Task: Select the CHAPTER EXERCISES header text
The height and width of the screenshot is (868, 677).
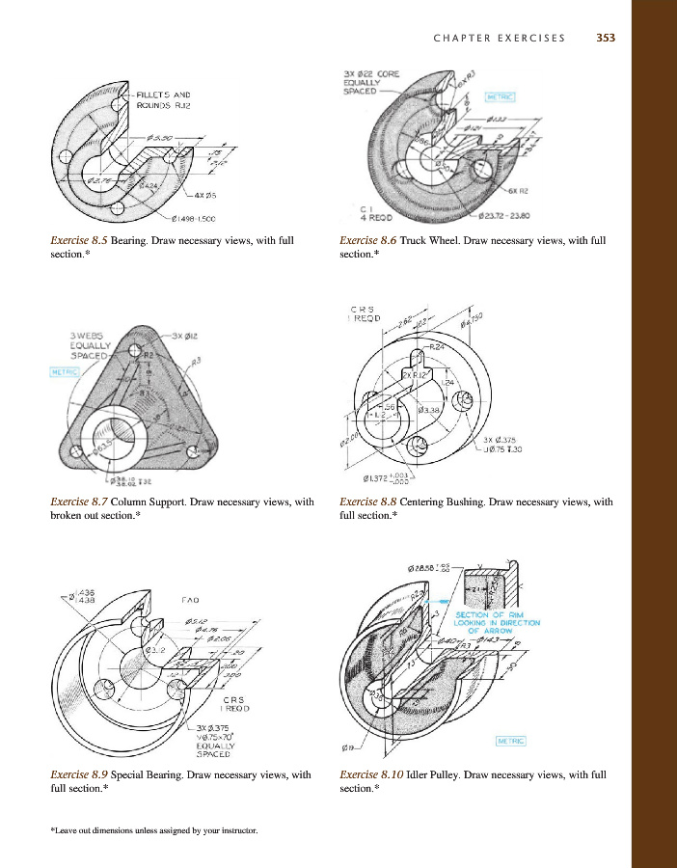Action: point(500,39)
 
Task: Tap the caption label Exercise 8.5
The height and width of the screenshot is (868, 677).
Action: point(79,240)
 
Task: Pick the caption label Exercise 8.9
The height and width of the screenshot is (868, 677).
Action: point(79,773)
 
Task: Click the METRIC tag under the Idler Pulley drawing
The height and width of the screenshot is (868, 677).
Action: point(515,741)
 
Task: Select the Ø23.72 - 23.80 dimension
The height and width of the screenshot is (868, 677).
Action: point(510,215)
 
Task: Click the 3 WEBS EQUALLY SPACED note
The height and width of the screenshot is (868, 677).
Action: point(93,343)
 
